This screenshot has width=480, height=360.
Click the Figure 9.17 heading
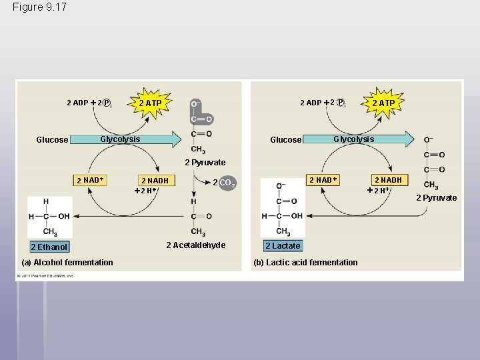pos(39,7)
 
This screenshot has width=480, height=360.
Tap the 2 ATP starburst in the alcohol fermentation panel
pos(150,103)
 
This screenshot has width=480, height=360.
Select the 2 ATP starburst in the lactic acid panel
pos(383,103)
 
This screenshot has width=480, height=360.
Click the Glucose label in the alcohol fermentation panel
pos(52,140)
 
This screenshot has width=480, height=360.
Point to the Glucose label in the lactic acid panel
pos(286,140)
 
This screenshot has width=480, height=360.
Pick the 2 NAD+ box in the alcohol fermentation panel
pos(91,180)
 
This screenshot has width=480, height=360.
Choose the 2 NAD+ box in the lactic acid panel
pos(323,180)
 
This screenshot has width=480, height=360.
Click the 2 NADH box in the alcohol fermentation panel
pos(155,181)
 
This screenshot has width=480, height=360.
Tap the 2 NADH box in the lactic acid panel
pos(388,180)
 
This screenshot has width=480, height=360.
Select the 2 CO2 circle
pos(226,183)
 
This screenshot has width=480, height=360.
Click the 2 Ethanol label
pos(49,247)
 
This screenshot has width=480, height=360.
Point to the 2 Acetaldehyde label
pos(196,245)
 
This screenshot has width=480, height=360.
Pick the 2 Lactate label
pos(283,246)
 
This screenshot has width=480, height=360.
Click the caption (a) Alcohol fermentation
pos(67,262)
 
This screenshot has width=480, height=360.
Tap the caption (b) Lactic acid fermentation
pos(305,262)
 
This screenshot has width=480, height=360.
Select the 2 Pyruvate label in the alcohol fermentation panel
pos(205,163)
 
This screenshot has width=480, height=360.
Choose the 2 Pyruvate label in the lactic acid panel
pos(437,197)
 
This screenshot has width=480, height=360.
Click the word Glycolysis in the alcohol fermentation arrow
pos(120,139)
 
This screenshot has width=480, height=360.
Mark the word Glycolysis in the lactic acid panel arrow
pos(353,139)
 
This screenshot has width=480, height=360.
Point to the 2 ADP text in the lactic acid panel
pos(311,103)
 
